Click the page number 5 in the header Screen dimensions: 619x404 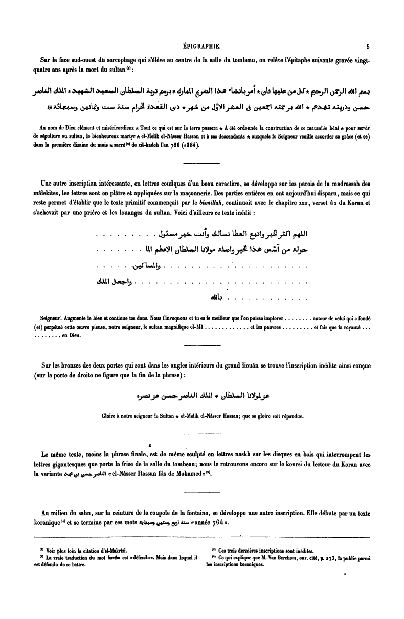(368, 45)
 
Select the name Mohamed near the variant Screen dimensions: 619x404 (178, 472)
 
